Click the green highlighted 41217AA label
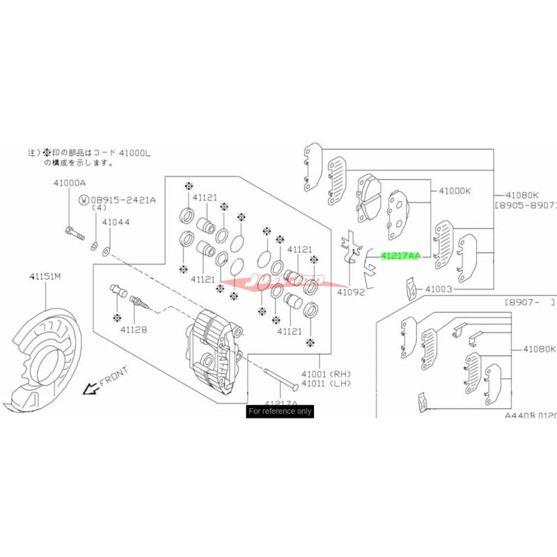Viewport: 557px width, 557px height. click(x=400, y=256)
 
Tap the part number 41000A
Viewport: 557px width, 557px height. click(x=68, y=183)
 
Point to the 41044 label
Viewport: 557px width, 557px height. click(x=115, y=223)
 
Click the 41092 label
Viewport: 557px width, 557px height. click(x=351, y=292)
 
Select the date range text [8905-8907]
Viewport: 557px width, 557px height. click(x=525, y=206)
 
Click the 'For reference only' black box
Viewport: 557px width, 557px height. click(x=280, y=411)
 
